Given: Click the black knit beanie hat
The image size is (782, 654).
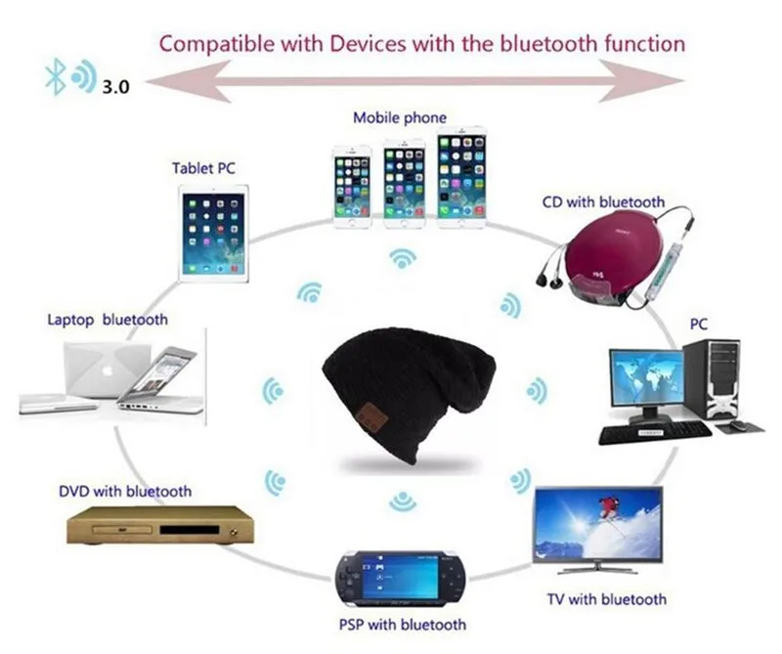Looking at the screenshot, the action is [x=407, y=394].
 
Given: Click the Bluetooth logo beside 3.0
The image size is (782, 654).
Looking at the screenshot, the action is [x=56, y=76].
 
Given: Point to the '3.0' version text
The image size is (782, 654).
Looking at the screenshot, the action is [x=115, y=87].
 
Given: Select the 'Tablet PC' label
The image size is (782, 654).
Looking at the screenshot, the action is [x=203, y=168].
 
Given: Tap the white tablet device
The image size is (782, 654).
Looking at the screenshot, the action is [x=213, y=234].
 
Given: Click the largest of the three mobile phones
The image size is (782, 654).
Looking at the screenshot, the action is [x=461, y=177].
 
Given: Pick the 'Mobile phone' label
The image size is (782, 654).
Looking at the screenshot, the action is [x=400, y=118].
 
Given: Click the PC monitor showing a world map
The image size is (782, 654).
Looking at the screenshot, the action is [x=646, y=381].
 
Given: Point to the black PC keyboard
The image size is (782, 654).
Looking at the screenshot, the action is [x=655, y=432].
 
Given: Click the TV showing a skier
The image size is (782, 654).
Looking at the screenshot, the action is [x=598, y=529].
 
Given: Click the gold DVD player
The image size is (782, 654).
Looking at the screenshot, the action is [x=160, y=525].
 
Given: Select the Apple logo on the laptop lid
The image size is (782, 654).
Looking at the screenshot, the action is [x=107, y=371].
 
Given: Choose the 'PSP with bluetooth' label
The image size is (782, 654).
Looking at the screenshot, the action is [x=403, y=625].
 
